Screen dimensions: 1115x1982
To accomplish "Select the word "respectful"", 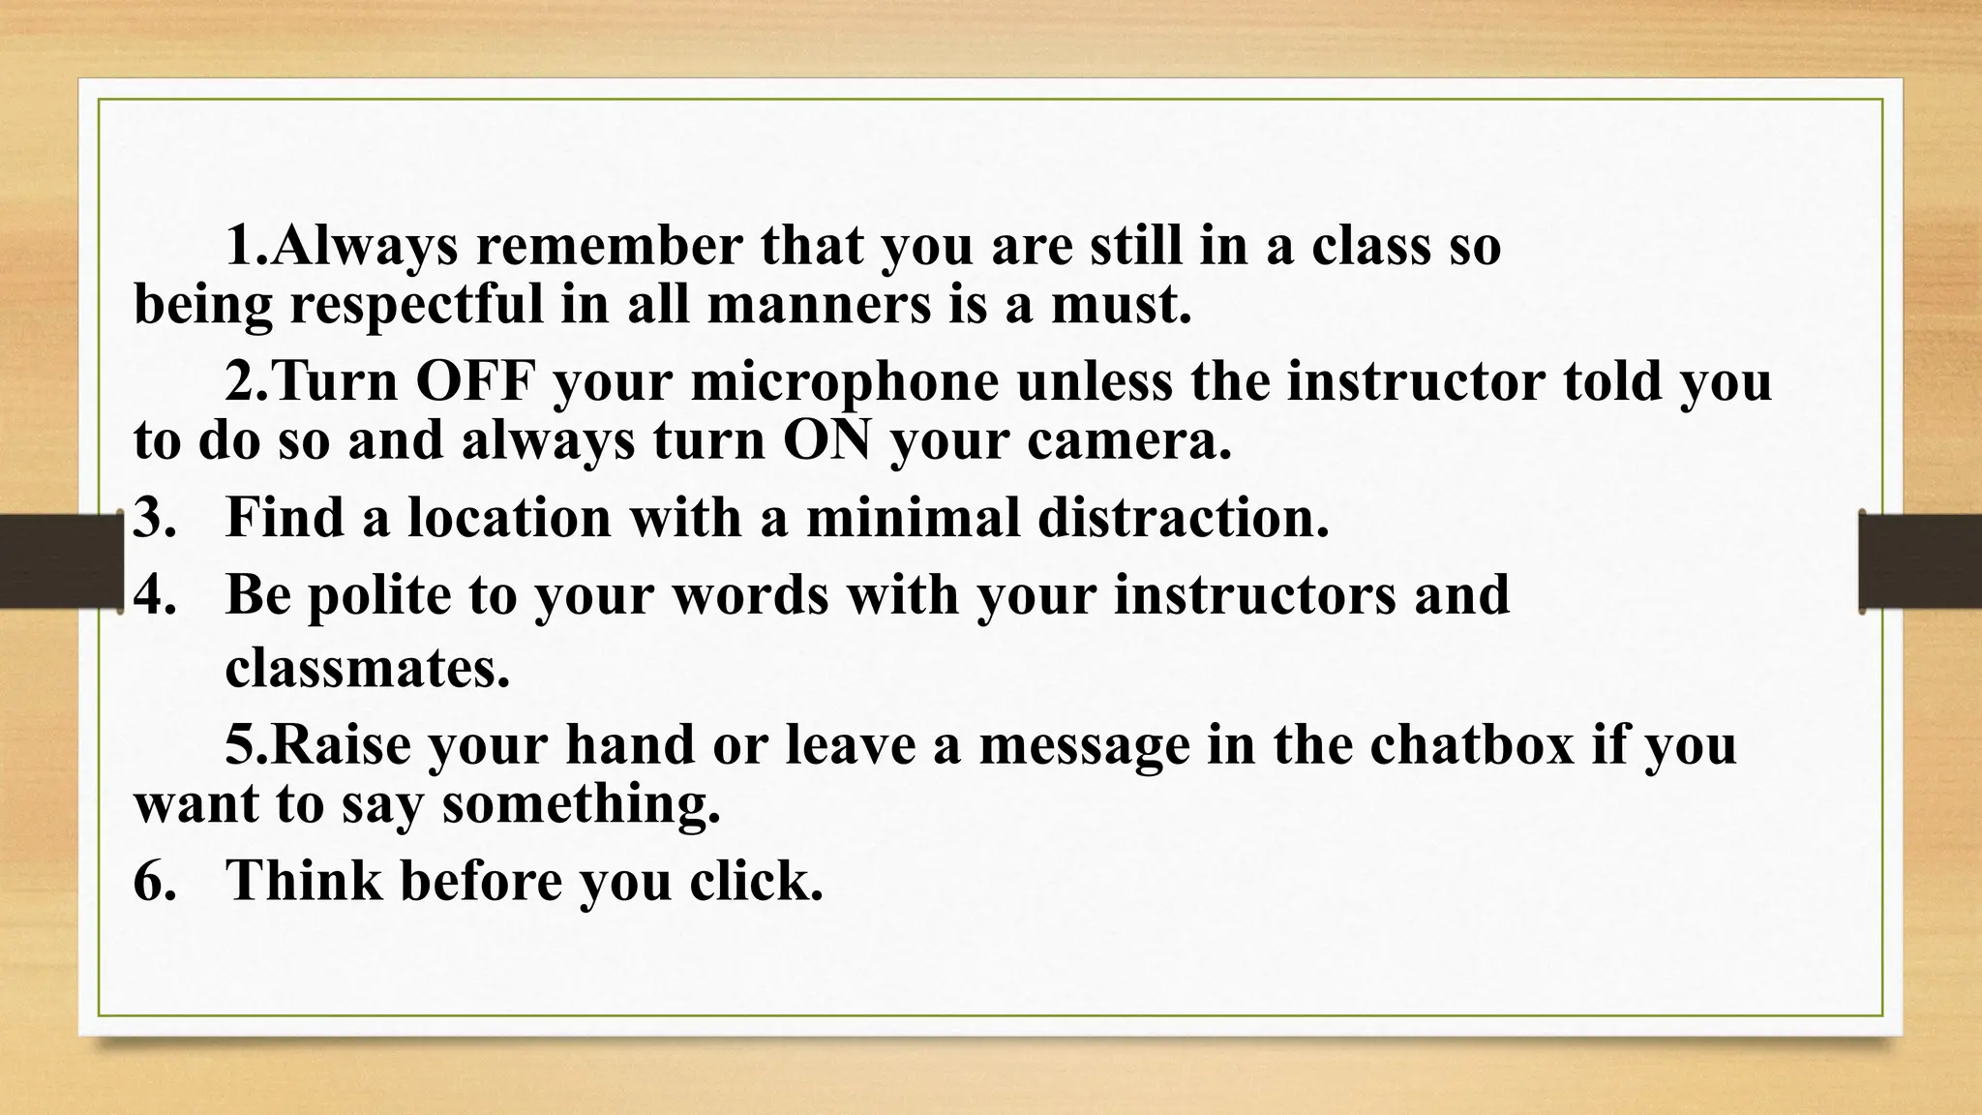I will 416,306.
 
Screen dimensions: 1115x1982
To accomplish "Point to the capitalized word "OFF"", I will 475,381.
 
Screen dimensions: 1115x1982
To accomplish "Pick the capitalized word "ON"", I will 826,440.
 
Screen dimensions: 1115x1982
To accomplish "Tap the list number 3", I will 154,517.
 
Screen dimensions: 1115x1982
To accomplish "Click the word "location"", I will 509,517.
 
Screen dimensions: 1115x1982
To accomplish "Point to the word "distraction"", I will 1183,517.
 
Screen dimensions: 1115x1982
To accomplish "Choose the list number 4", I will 154,594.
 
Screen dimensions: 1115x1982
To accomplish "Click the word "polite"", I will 378,594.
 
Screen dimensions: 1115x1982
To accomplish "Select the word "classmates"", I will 367,668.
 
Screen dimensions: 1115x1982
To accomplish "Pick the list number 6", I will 154,881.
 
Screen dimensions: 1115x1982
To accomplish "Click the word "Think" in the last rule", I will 303,881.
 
